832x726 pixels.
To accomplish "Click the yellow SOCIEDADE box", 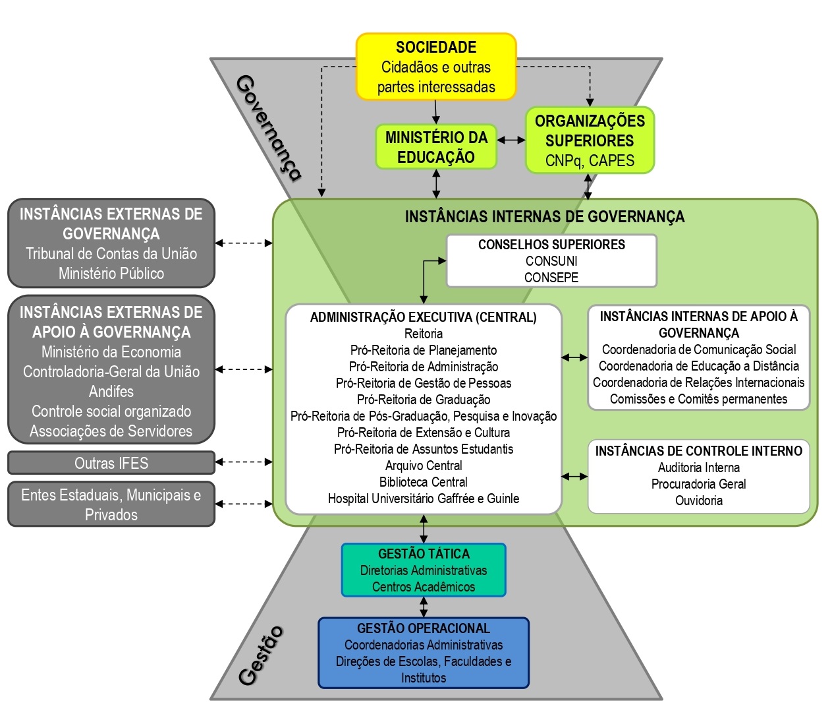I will [x=436, y=67].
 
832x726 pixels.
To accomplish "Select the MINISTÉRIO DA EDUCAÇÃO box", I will [x=436, y=147].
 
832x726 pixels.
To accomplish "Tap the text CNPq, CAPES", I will [x=590, y=161].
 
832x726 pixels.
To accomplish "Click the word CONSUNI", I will [x=551, y=261].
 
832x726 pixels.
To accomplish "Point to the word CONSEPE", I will [x=551, y=278].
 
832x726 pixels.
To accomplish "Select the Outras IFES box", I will [x=111, y=463].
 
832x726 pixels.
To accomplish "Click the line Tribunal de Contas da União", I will [x=111, y=254].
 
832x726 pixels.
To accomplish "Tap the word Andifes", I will [x=111, y=392].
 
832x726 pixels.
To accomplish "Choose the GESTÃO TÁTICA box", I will [x=424, y=570].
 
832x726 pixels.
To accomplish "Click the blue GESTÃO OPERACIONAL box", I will [x=424, y=653].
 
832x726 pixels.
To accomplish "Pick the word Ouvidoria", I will [x=699, y=500].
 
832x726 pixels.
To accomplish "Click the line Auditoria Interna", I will [x=699, y=468].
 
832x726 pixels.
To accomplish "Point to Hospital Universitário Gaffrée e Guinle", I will [x=424, y=499].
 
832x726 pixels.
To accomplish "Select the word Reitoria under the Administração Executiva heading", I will [x=424, y=334].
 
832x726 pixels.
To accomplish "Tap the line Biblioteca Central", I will [x=424, y=482].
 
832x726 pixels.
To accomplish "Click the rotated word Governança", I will [x=268, y=128].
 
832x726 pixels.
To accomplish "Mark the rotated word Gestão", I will [x=261, y=655].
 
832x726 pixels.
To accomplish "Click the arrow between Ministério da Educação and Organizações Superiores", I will [x=511, y=140].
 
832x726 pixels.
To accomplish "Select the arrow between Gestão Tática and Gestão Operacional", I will [x=424, y=607].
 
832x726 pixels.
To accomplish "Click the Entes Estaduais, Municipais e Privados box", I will [x=111, y=504].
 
